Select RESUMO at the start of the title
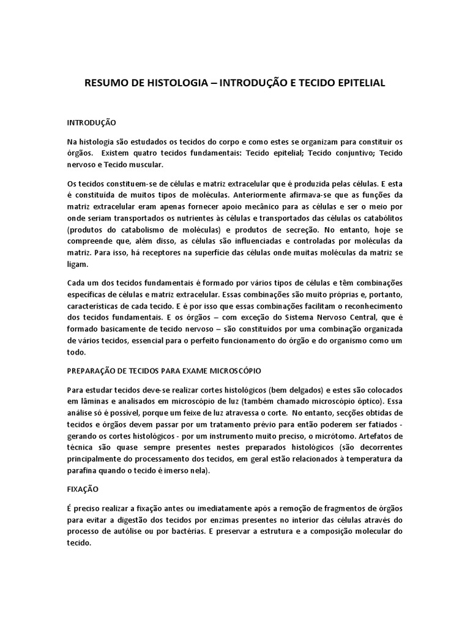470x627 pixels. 105,83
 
